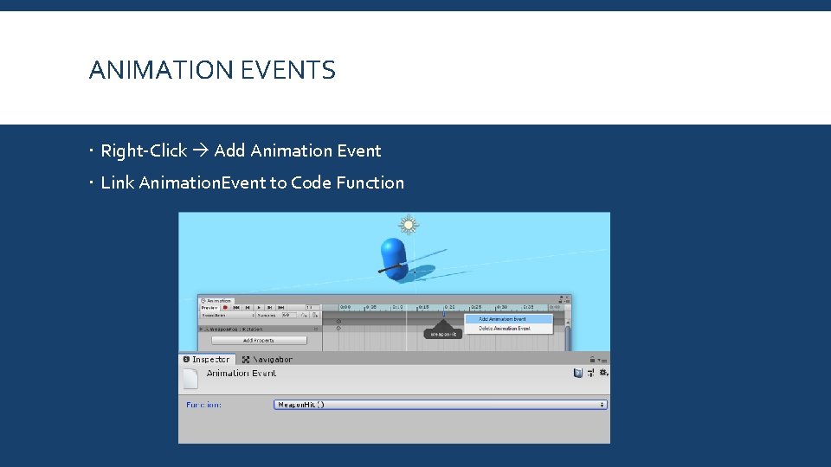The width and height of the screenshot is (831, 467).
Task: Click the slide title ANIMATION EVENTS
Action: pos(212,70)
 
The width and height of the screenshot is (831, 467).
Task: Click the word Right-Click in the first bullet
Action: pos(144,150)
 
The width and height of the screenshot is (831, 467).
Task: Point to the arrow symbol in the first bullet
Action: pos(200,150)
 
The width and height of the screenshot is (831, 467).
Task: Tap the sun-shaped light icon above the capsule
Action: pos(408,225)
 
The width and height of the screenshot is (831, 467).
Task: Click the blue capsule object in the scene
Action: pos(394,258)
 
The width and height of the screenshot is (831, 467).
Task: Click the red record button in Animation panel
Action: pos(226,307)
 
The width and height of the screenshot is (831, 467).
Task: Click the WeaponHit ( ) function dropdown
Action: pos(440,404)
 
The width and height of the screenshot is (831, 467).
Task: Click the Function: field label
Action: pos(203,404)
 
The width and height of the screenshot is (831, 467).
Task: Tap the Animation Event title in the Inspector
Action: pos(242,374)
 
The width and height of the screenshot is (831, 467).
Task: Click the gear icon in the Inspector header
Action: pos(603,373)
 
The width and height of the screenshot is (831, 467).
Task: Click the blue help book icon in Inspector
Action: pos(577,373)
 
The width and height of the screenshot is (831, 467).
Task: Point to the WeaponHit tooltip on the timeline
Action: pos(442,334)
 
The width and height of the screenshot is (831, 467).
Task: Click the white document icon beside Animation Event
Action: pos(190,377)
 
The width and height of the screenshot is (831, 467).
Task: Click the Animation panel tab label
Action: pos(217,300)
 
